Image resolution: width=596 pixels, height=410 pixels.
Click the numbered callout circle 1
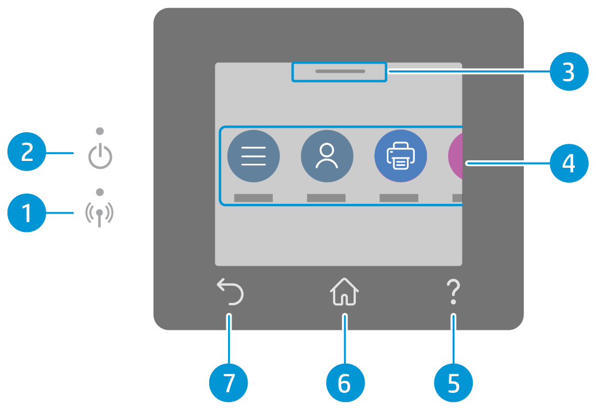tap(27, 214)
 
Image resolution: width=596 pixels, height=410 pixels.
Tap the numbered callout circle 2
tap(27, 153)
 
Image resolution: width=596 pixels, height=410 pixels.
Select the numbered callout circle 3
tap(568, 72)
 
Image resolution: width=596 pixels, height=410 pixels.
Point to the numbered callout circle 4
tap(568, 164)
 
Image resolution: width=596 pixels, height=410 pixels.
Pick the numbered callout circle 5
tap(453, 383)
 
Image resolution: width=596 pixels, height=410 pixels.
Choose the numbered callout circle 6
tap(344, 383)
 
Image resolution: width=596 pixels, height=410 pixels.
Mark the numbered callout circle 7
tap(229, 383)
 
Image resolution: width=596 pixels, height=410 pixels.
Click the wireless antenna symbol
tap(100, 214)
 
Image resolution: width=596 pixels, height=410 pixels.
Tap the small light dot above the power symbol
tap(100, 131)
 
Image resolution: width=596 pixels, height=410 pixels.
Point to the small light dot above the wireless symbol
tap(100, 191)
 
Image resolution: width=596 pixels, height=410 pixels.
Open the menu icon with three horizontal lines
tap(253, 156)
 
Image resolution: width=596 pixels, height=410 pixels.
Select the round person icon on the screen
tap(327, 156)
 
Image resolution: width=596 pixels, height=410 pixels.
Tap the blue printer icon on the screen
tap(400, 156)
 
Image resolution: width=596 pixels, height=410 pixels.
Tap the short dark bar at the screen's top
tap(339, 72)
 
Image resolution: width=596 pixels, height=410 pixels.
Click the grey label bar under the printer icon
tap(399, 198)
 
